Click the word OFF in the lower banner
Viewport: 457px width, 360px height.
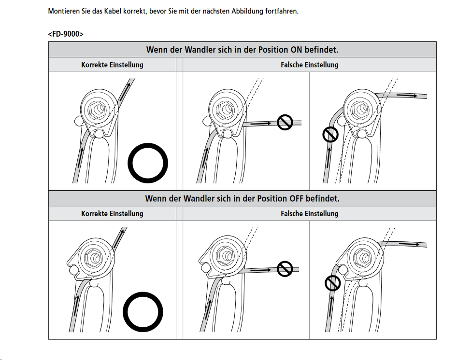click(x=298, y=198)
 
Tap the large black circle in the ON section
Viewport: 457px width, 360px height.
click(x=148, y=162)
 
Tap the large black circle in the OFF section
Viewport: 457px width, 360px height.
click(x=143, y=311)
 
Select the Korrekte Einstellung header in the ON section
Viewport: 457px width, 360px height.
click(x=112, y=65)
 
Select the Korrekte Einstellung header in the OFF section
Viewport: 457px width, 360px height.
click(x=112, y=213)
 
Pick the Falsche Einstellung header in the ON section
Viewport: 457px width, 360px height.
click(x=309, y=65)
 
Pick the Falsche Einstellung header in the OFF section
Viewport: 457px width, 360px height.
click(x=309, y=213)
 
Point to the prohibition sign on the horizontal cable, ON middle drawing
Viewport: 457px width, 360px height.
click(x=286, y=123)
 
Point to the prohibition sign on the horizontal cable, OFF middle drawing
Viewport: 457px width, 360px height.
click(x=286, y=269)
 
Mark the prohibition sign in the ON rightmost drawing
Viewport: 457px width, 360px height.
click(x=330, y=135)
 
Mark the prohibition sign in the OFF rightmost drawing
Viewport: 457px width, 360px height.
click(x=333, y=283)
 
